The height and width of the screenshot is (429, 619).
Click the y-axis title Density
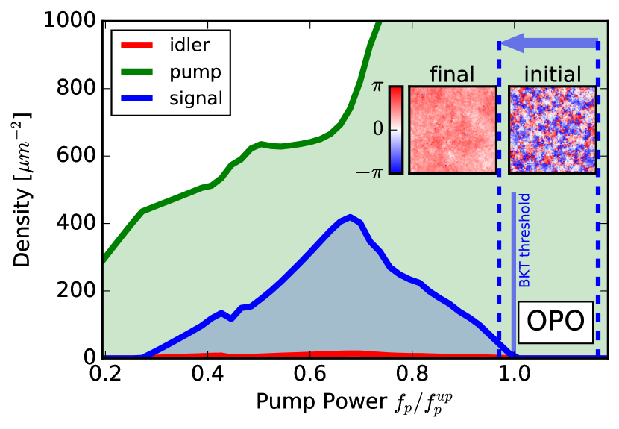23,190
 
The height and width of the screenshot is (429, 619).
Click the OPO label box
555,322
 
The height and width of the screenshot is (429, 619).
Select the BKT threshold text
525,240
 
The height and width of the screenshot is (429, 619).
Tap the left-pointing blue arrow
549,45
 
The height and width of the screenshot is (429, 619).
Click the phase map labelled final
453,130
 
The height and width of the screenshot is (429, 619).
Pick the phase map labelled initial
553,130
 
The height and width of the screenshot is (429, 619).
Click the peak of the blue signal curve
351,218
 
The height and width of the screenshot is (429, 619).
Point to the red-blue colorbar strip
396,130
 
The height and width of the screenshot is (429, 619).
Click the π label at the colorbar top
377,87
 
